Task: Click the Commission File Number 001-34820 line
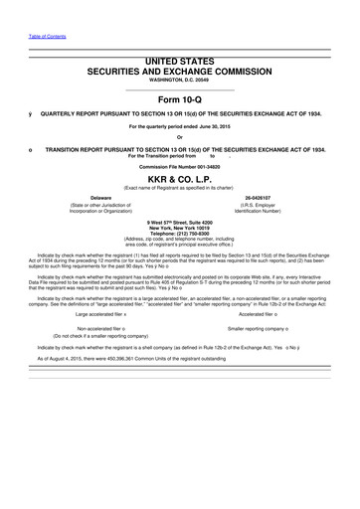pos(180,167)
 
